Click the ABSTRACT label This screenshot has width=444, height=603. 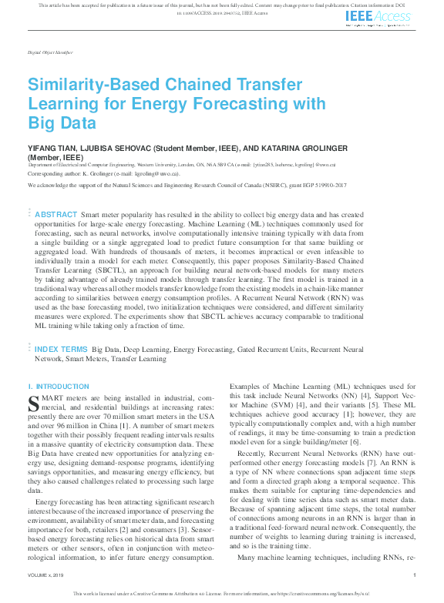pyautogui.click(x=55, y=214)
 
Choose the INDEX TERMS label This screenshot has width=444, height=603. pyautogui.click(x=60, y=349)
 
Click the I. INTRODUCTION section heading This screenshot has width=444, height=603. pyautogui.click(x=59, y=386)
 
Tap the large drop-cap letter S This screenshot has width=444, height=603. pyautogui.click(x=33, y=401)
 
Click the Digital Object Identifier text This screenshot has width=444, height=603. pyautogui.click(x=50, y=52)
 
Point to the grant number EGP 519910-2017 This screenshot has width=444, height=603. pyautogui.click(x=300, y=186)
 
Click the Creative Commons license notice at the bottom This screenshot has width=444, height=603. pyautogui.click(x=221, y=594)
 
